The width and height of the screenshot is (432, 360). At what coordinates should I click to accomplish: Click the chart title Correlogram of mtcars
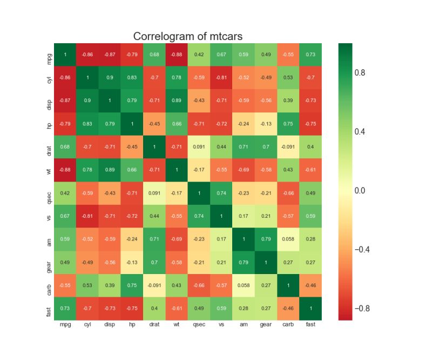pyautogui.click(x=188, y=36)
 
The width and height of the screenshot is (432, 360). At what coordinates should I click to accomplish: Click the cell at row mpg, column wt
pyautogui.click(x=175, y=55)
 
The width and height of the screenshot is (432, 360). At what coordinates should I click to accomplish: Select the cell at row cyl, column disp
pyautogui.click(x=109, y=78)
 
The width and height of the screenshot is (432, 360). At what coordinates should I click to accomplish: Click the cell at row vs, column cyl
pyautogui.click(x=87, y=216)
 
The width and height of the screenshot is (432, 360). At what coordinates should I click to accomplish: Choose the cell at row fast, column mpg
pyautogui.click(x=65, y=309)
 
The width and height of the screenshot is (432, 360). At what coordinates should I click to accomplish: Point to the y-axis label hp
pyautogui.click(x=49, y=124)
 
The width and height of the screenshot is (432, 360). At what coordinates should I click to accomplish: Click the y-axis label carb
pyautogui.click(x=49, y=285)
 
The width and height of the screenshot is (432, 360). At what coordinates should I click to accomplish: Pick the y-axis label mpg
pyautogui.click(x=49, y=55)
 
